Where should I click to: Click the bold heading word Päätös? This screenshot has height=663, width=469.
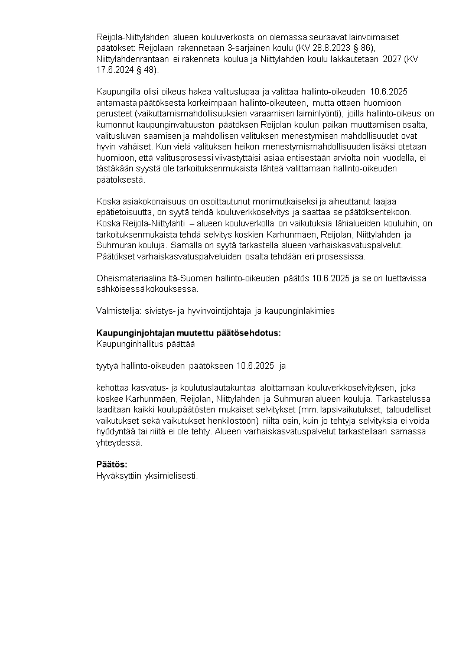click(112, 464)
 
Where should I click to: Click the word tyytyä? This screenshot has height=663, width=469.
click(107, 366)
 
